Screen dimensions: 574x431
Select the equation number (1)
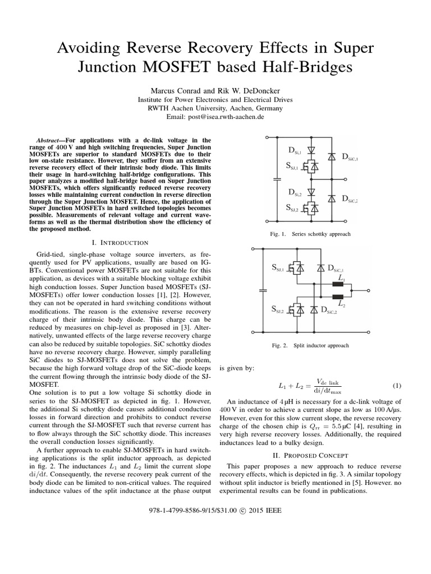397,386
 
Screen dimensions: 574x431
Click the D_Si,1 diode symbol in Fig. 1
313,150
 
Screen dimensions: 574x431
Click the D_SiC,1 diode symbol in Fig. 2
322,269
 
